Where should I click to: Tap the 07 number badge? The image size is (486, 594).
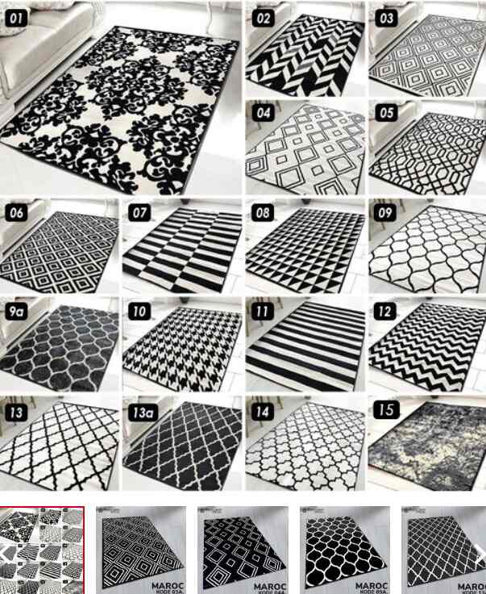[x=140, y=213]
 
